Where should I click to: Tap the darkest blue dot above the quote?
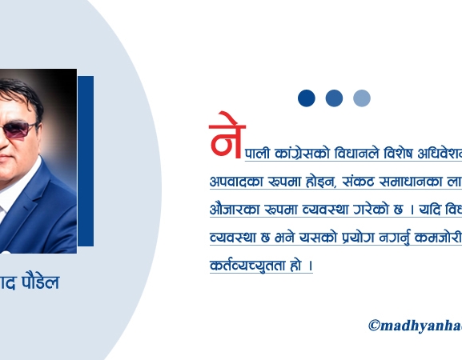(x=307, y=98)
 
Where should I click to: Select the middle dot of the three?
(x=334, y=98)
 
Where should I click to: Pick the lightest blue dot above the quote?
(x=362, y=98)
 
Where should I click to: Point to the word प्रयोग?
(x=356, y=238)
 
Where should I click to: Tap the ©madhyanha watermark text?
(x=415, y=325)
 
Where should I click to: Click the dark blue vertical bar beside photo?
(x=86, y=160)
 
